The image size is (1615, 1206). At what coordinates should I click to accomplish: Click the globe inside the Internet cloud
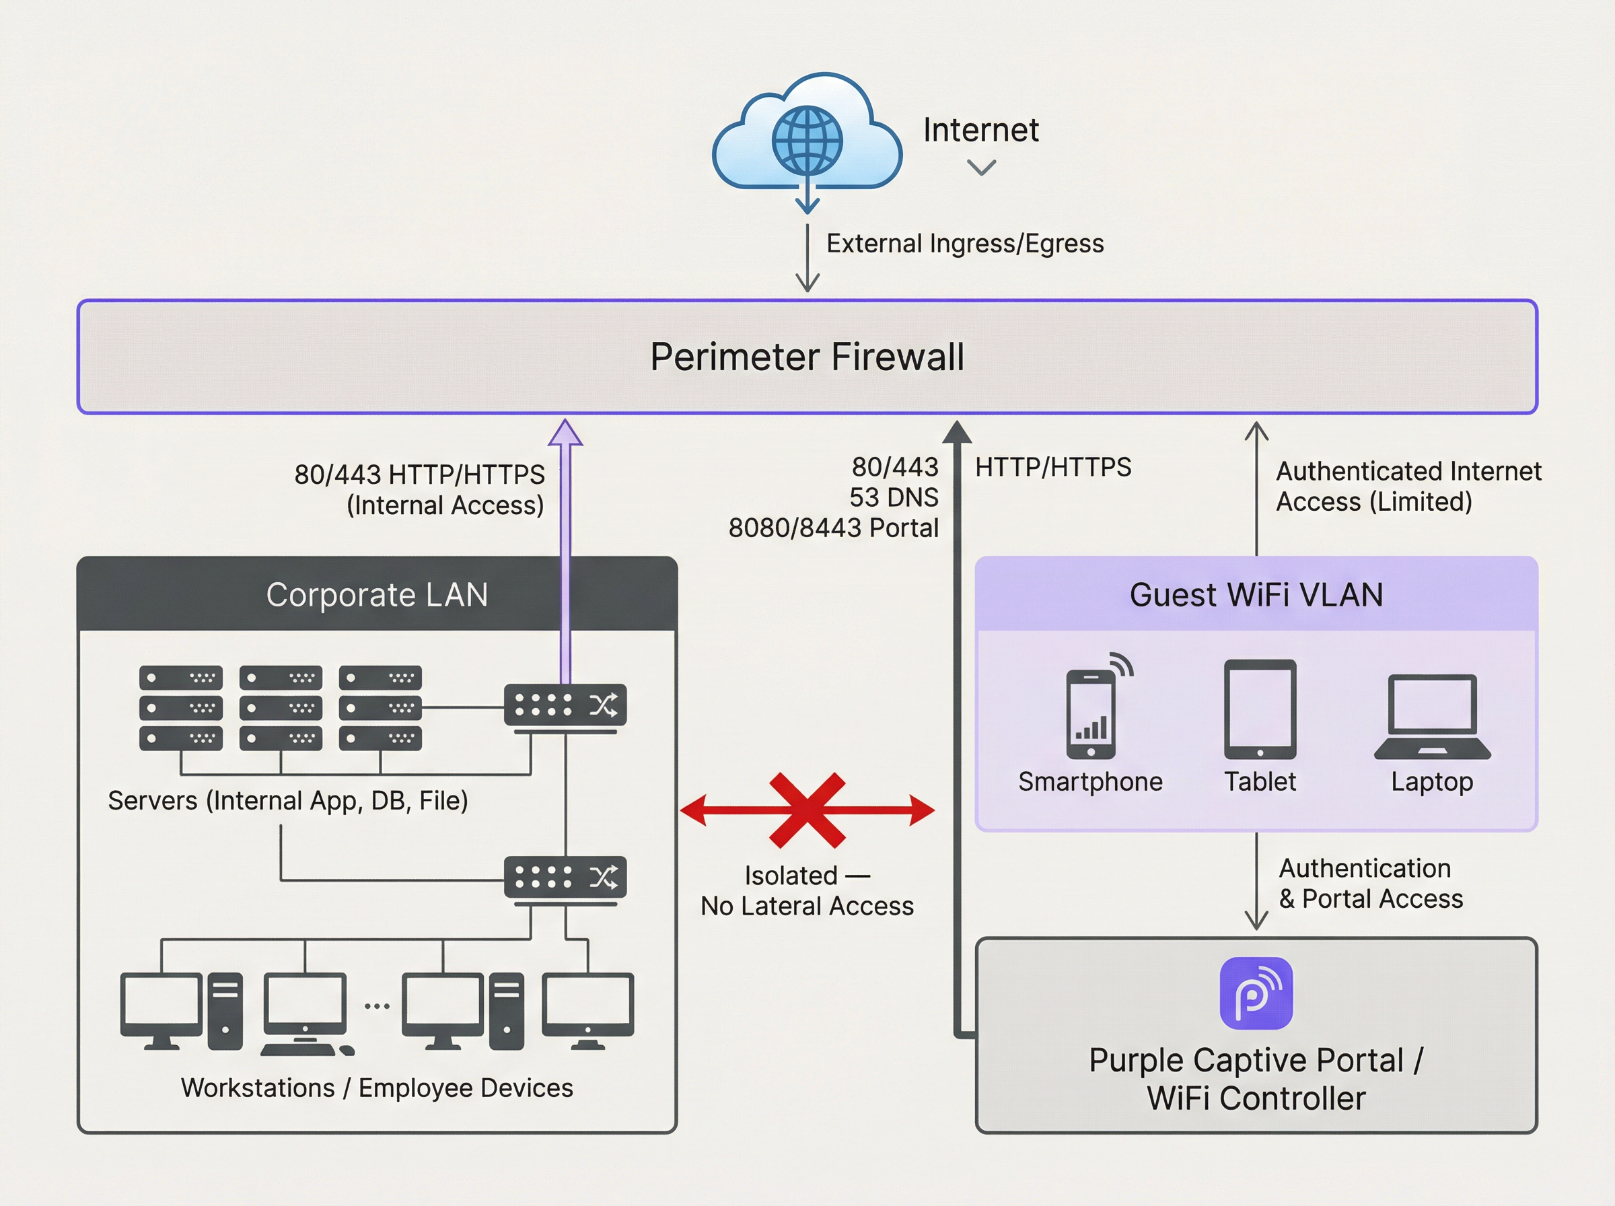pos(807,140)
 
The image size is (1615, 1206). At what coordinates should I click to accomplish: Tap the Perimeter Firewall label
pos(807,357)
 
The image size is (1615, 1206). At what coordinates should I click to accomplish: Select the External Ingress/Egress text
pos(964,243)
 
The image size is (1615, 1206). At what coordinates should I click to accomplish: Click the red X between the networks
pos(807,810)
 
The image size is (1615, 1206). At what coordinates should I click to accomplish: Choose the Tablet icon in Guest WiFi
pos(1260,709)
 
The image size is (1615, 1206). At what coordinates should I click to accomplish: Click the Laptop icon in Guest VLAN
pos(1432,716)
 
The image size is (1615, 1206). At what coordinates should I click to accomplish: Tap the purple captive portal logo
pos(1256,993)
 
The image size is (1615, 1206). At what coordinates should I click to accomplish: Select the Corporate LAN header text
pos(377,594)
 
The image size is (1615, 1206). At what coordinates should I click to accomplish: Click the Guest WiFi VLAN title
pos(1256,594)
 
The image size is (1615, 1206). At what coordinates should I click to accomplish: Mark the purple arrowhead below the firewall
pos(565,432)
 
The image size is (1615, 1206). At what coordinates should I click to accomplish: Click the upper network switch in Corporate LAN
pos(565,705)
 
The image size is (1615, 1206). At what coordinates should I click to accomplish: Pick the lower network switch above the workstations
pos(565,878)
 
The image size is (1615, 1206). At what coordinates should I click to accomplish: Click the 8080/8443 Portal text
pos(833,528)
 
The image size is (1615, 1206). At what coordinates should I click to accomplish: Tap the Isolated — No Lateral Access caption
pos(807,890)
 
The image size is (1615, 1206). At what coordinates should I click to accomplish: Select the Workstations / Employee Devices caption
pos(377,1088)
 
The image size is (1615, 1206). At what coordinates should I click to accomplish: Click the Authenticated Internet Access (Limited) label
pos(1408,486)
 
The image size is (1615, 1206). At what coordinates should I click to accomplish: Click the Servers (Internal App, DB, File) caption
pos(287,800)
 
